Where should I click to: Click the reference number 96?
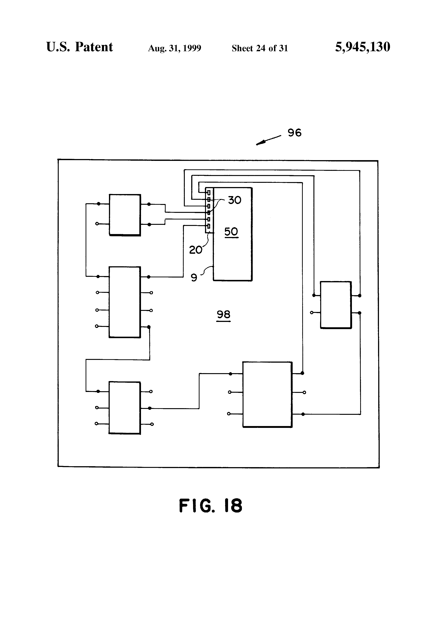click(294, 133)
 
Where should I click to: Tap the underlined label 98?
click(223, 315)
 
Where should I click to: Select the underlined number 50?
click(231, 232)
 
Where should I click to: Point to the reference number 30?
click(234, 200)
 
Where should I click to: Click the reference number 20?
click(195, 250)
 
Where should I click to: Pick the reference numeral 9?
click(194, 278)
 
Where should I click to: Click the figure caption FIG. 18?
click(211, 506)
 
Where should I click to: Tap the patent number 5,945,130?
click(363, 47)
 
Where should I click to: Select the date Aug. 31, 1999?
click(175, 48)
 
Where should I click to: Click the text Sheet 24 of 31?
click(260, 48)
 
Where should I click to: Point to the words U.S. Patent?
click(80, 47)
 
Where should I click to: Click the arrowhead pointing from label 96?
click(259, 143)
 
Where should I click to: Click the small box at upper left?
click(125, 215)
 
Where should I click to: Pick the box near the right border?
click(336, 305)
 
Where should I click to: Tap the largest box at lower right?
click(267, 394)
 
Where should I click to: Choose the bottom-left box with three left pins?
click(124, 407)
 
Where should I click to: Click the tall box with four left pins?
click(124, 302)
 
